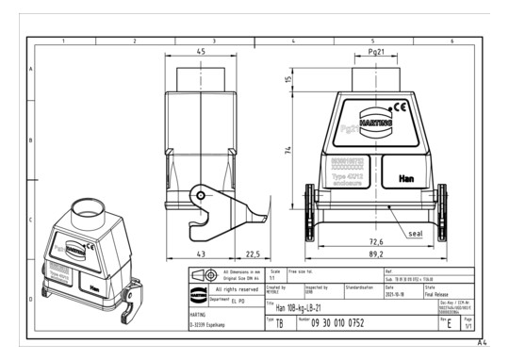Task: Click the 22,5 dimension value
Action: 253,254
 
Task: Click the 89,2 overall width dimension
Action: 375,254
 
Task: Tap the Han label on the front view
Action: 405,176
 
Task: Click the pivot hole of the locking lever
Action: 200,195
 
